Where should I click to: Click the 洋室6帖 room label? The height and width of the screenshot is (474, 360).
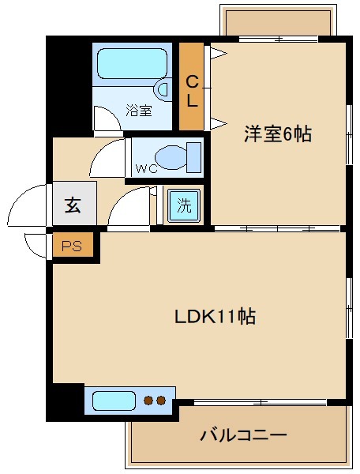pos(277,135)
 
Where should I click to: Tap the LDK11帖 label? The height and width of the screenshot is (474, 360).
pos(215,317)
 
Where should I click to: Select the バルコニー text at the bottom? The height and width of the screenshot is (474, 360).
pos(242,434)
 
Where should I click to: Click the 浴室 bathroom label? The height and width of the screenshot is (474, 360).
pos(139,111)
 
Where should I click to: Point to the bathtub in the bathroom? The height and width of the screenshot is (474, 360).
pos(131,63)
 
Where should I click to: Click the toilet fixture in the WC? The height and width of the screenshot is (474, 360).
pos(177,156)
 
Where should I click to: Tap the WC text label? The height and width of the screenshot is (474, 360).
pos(146,168)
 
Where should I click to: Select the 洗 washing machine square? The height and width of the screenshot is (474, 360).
pos(183,207)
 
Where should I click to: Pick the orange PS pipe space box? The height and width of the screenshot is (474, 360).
pos(73,246)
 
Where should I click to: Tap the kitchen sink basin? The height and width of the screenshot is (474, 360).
pos(114,401)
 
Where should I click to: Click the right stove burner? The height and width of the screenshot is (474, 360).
pos(161,401)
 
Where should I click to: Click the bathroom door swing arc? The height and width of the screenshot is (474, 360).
pos(105,118)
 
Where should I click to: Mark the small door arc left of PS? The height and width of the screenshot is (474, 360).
pos(38,245)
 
